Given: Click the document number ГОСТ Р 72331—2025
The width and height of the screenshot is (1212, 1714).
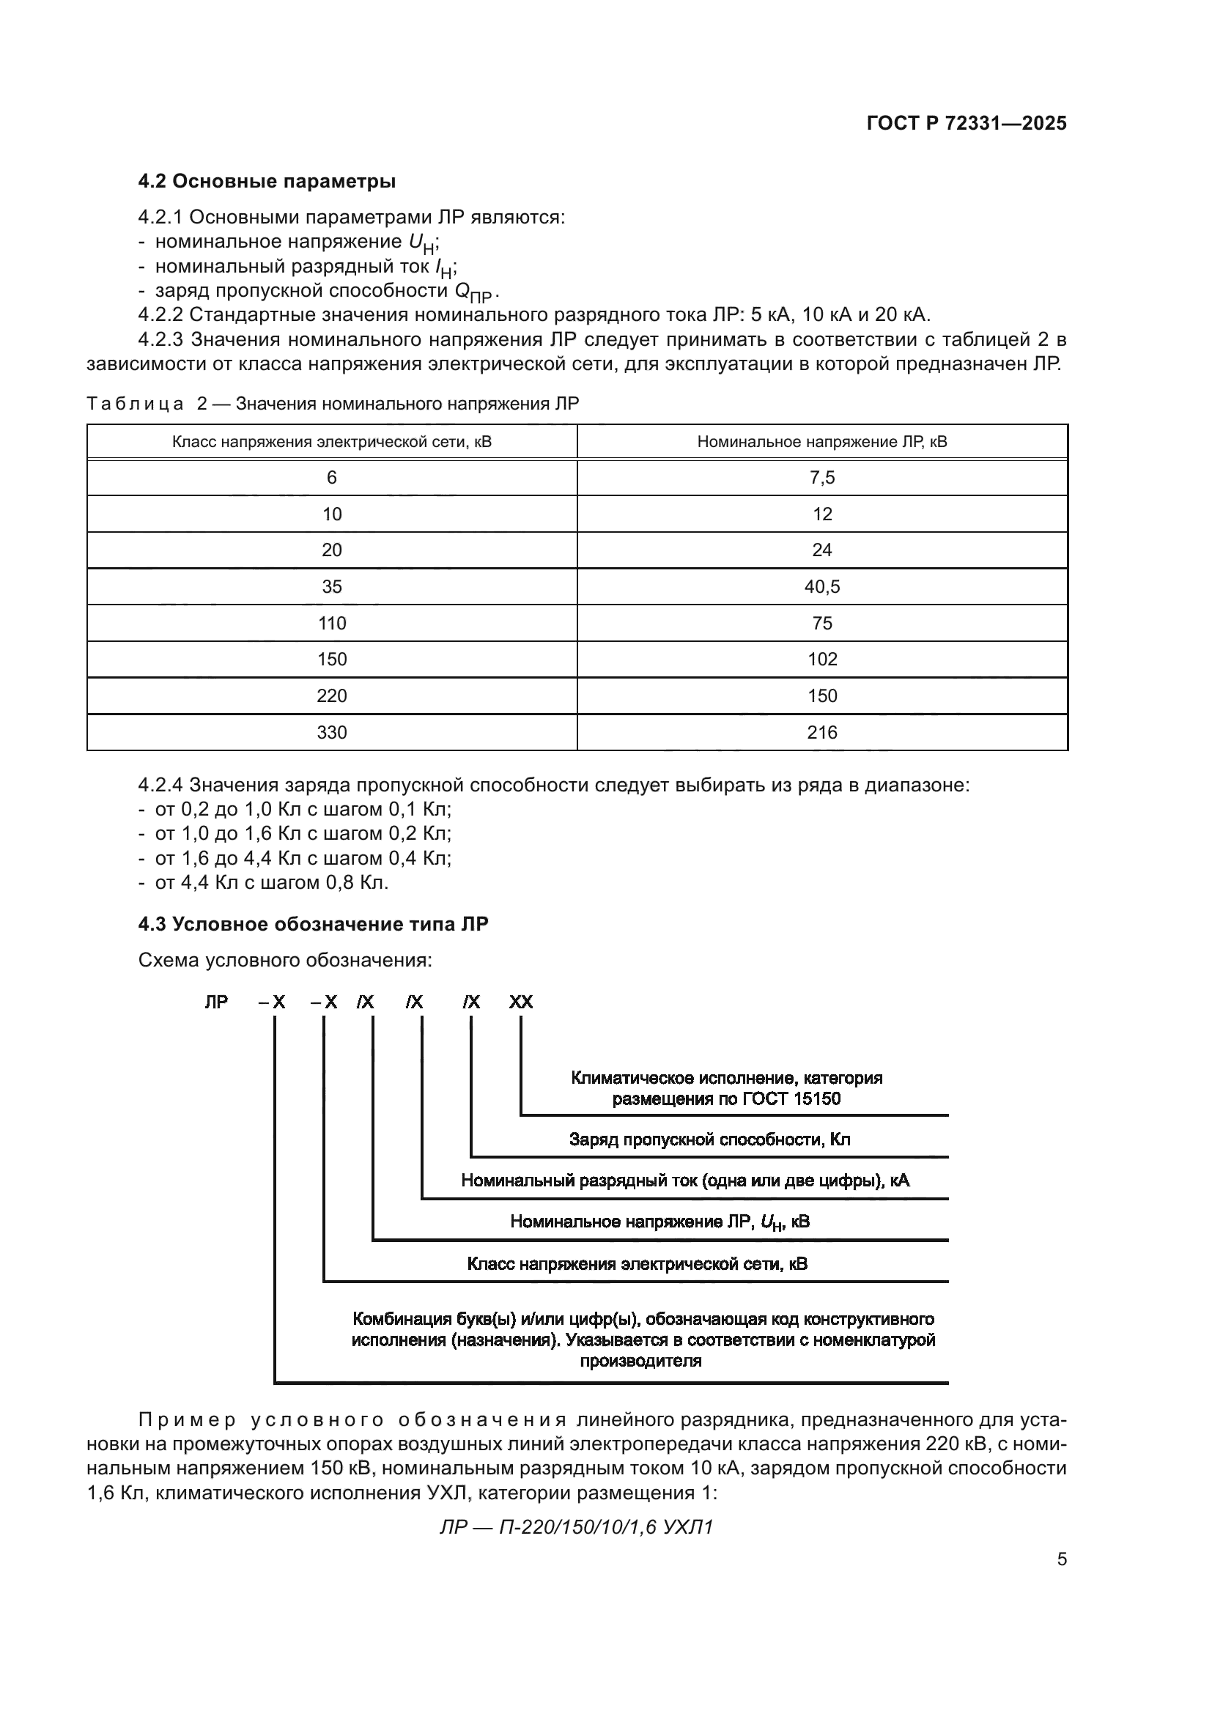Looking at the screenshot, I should [x=967, y=123].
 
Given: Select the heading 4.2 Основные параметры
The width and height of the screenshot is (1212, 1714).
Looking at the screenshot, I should [x=267, y=182].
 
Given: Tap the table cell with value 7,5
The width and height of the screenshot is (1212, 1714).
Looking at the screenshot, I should [x=821, y=478].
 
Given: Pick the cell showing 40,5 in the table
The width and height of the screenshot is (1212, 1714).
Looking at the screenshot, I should [x=821, y=587].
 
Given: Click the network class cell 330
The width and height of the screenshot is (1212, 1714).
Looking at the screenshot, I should [x=331, y=732].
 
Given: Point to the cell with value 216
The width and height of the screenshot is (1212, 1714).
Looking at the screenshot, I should [x=821, y=732].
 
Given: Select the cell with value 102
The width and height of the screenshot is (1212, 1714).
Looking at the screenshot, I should [x=821, y=660].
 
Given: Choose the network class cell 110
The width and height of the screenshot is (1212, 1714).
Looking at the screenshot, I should [x=331, y=624].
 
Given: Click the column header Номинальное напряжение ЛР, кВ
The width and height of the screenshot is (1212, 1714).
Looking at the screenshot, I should [x=821, y=442].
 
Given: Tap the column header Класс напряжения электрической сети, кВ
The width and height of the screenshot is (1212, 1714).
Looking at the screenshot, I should [x=331, y=442].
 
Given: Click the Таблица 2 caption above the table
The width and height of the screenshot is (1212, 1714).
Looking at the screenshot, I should [x=332, y=404].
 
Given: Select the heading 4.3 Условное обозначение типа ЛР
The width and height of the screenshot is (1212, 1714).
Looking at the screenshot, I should [x=313, y=924].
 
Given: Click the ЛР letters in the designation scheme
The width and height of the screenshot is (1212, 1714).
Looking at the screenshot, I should [x=216, y=1002].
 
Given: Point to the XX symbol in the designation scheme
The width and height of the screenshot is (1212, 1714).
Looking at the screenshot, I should [x=521, y=1002].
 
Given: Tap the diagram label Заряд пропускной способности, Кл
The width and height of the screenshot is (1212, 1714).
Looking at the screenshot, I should [x=709, y=1140].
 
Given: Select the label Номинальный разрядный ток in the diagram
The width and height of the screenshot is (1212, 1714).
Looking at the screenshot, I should [x=684, y=1181].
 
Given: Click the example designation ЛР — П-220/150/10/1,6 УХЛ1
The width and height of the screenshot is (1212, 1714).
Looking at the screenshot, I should [x=576, y=1527].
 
